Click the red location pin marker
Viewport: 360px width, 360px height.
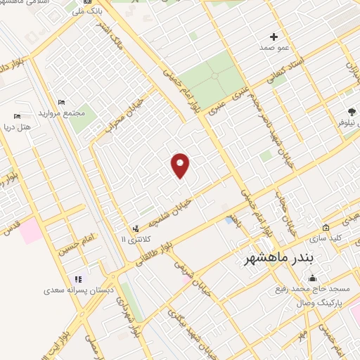tap(180, 165)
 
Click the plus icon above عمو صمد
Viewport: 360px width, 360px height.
tap(274, 37)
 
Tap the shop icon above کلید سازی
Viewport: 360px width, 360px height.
tap(326, 228)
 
